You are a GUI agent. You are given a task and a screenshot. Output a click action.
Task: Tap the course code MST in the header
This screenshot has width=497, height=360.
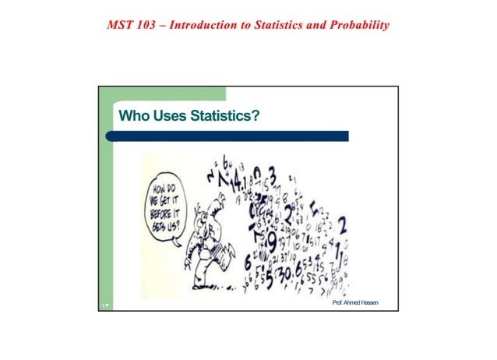121,26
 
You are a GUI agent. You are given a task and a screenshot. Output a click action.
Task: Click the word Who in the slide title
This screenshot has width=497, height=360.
132,117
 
